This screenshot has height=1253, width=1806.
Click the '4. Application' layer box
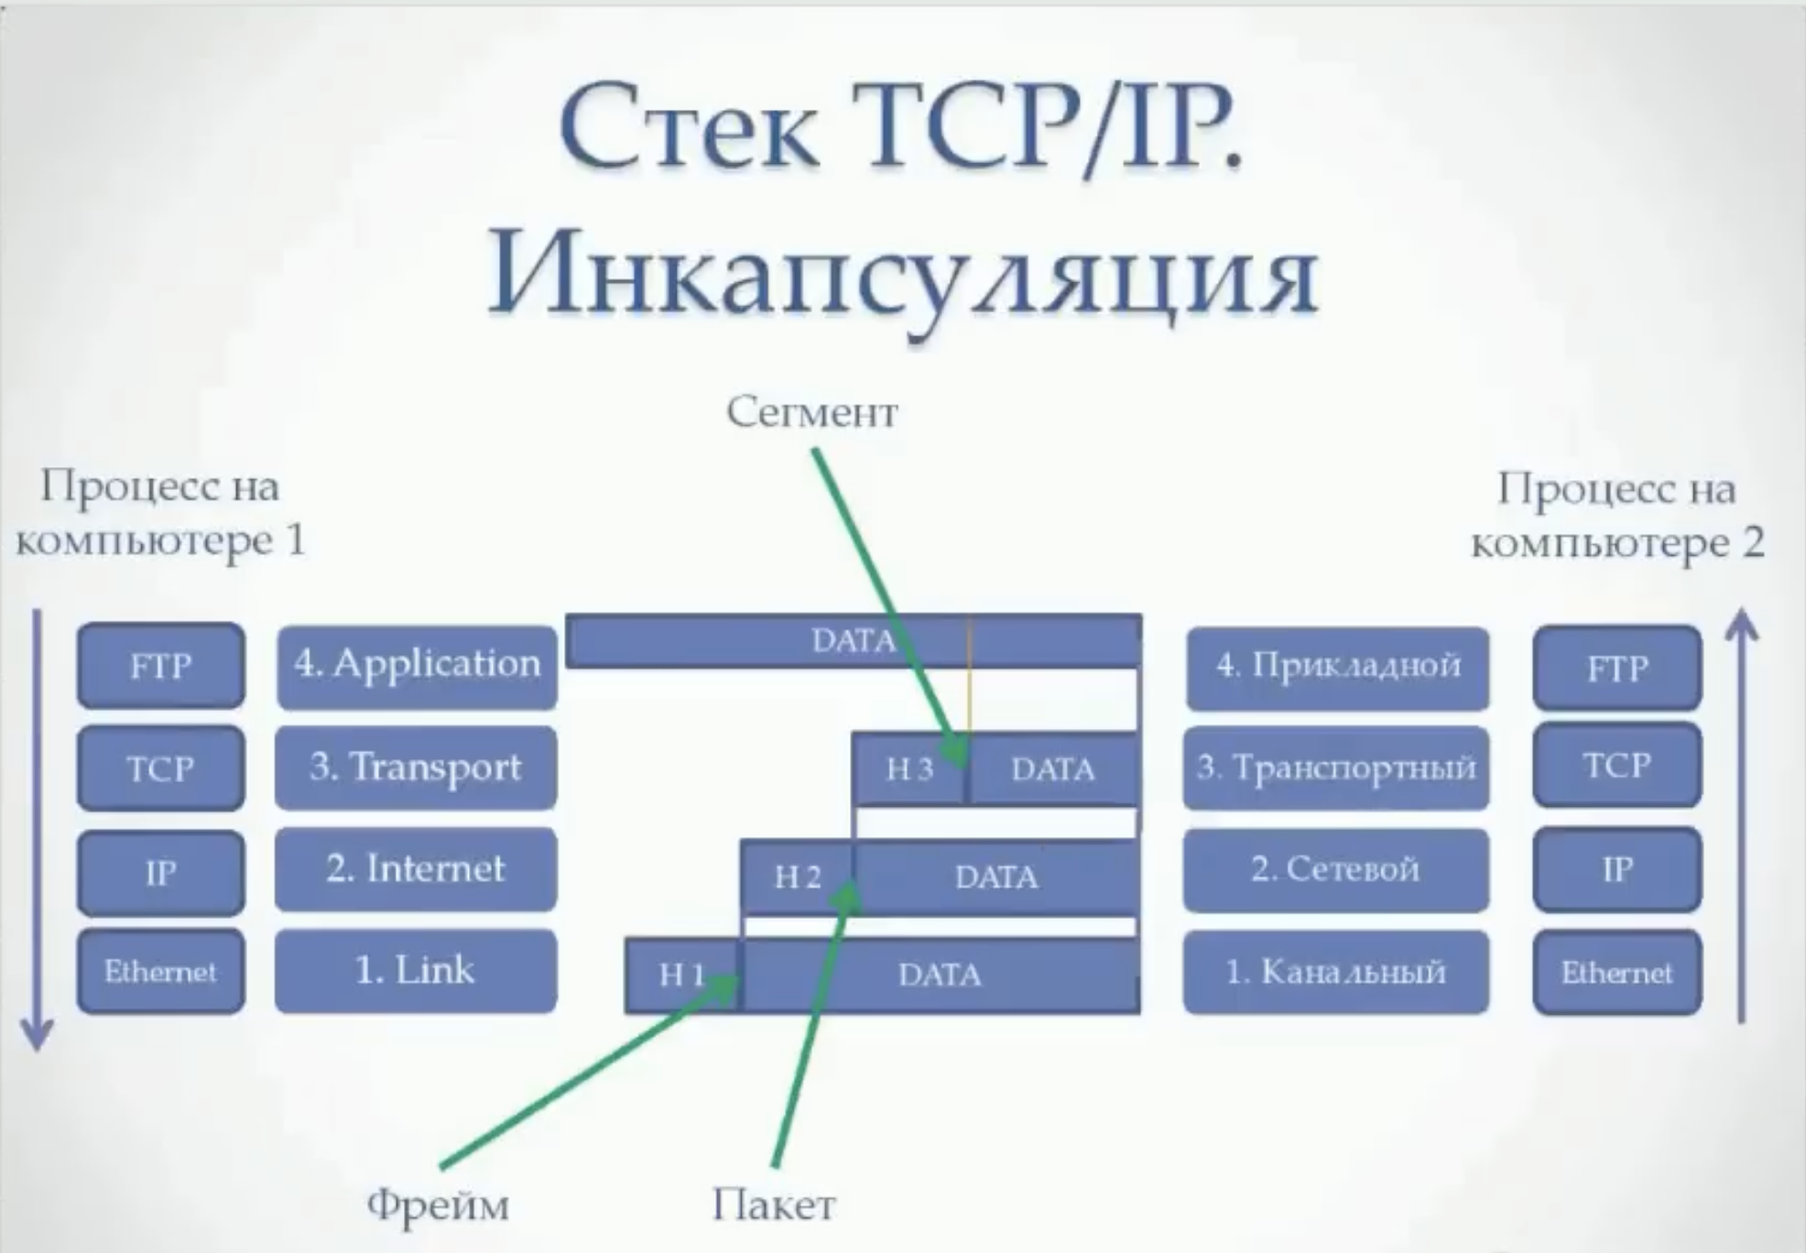pos(417,666)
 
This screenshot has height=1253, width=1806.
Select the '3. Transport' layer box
pos(416,768)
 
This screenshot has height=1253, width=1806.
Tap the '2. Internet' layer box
pos(416,869)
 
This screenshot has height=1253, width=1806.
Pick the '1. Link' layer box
pos(416,971)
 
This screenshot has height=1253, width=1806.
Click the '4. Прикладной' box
pos(1338,667)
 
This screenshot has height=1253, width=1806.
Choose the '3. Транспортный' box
pos(1336,768)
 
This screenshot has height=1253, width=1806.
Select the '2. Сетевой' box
pos(1336,869)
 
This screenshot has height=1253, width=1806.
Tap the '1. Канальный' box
pos(1336,972)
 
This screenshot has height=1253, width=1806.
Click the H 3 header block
pos(908,769)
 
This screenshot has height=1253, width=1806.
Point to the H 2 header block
pos(797,877)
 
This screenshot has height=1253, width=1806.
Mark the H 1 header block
pos(682,975)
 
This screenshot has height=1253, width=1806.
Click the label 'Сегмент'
pos(812,413)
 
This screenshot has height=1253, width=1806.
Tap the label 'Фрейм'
pos(438,1205)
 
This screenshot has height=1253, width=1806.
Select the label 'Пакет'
pos(774,1205)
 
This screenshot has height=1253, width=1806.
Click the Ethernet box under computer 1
pos(161,971)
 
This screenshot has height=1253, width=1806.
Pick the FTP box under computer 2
pos(1617,669)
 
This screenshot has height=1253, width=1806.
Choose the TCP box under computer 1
pos(161,768)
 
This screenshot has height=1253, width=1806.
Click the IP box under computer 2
pos(1617,869)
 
